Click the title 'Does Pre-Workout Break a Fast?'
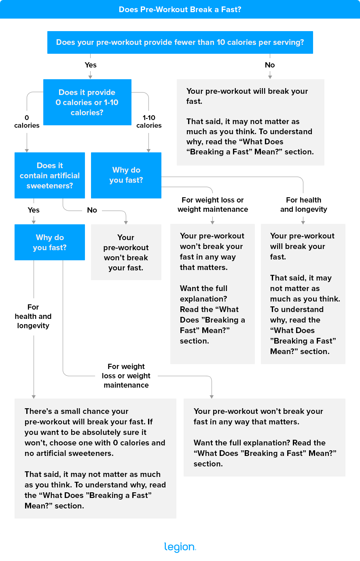tap(180, 9)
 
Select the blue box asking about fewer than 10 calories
tap(180, 42)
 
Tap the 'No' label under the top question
tap(270, 65)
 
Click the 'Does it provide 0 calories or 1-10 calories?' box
tap(87, 102)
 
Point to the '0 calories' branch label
tap(27, 122)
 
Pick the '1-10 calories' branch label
tap(149, 122)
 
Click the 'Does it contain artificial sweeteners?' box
tap(50, 175)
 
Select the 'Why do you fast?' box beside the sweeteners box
tap(126, 175)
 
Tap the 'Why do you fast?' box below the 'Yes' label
tap(50, 242)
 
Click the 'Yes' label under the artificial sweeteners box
tap(34, 210)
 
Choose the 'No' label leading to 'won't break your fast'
tap(92, 210)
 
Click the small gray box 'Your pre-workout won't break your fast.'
tap(126, 252)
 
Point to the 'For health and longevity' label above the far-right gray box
tap(303, 205)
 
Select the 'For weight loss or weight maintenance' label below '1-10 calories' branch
tap(213, 205)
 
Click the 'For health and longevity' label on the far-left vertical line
tap(33, 316)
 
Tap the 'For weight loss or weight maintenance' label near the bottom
tap(126, 376)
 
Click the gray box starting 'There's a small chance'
tap(95, 458)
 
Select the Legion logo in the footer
tap(180, 547)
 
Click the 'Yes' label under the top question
tap(91, 65)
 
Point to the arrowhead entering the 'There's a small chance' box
tap(34, 396)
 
